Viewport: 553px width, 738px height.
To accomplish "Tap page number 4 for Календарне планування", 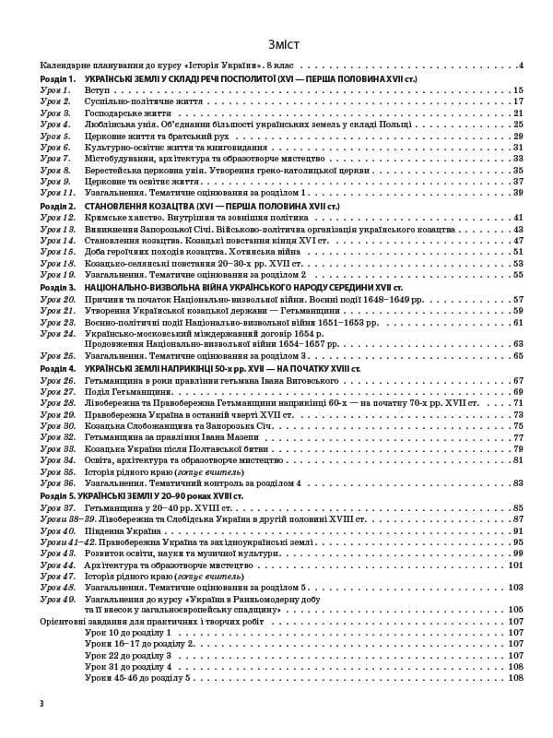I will click(521, 66).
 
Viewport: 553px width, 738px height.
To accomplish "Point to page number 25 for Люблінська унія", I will click(518, 125).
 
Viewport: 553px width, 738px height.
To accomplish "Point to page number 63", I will click(518, 344).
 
